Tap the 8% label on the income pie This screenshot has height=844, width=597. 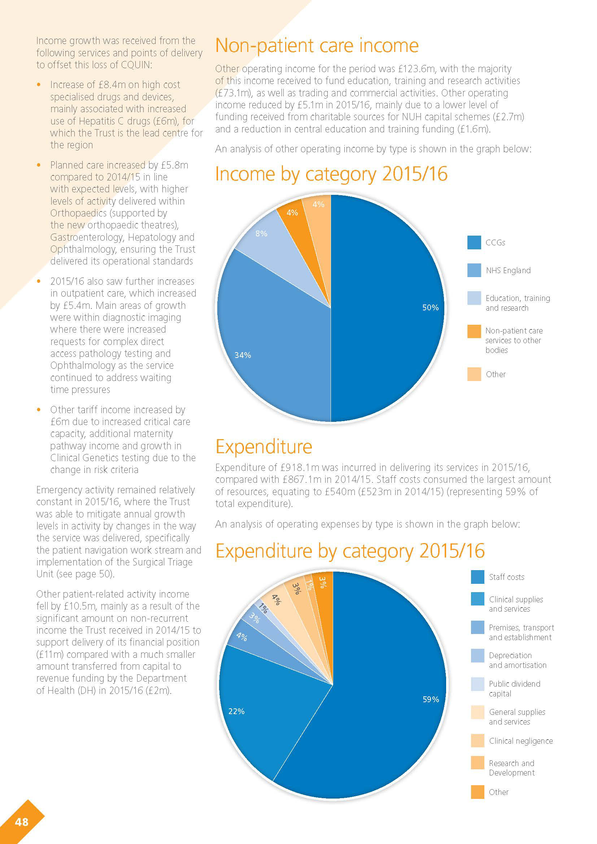pos(261,234)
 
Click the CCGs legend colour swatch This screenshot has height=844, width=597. pos(474,242)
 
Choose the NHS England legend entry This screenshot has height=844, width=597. pos(508,271)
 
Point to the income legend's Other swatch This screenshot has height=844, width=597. pos(474,374)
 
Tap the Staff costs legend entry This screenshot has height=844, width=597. pos(506,577)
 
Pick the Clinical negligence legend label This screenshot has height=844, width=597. pos(520,741)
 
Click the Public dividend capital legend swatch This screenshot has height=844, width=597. pos(478,684)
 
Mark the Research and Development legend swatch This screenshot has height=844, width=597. pos(478,763)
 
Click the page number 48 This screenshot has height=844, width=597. pos(22,822)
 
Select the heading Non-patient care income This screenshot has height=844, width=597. pos(317,46)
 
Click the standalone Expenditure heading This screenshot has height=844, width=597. pos(263,447)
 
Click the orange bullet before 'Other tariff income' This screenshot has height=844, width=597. pos(39,410)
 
